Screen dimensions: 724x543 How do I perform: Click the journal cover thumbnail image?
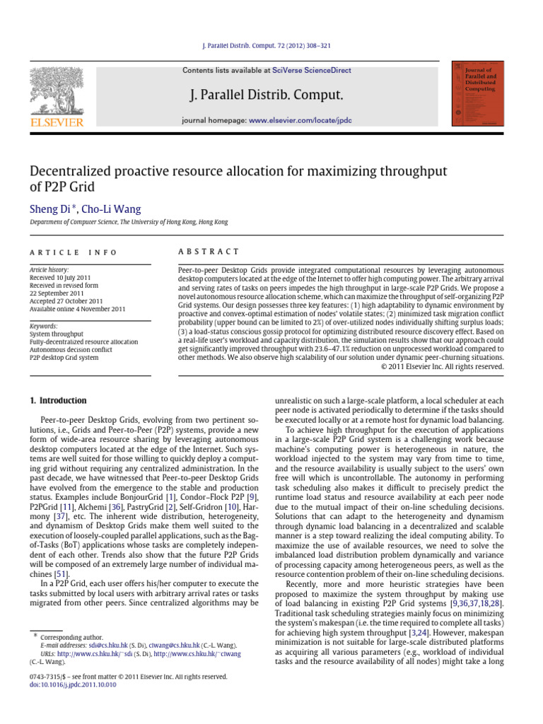[477, 93]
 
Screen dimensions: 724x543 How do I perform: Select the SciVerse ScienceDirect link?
[316, 71]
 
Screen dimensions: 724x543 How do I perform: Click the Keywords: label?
[43, 327]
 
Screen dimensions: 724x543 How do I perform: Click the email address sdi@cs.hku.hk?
[108, 646]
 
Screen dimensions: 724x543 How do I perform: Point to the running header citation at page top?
[271, 46]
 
